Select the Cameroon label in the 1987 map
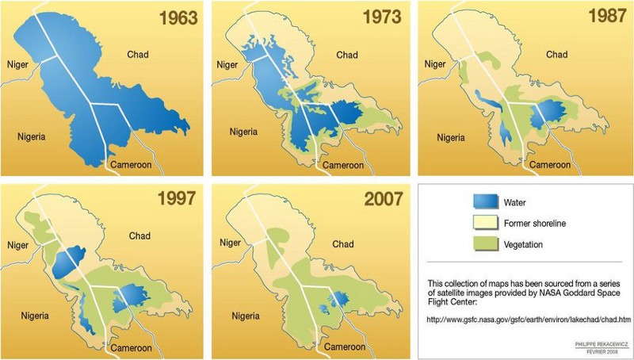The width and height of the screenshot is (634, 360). point(551,165)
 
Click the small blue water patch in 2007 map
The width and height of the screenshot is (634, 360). point(337,299)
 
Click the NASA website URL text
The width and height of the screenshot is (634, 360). point(529,320)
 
